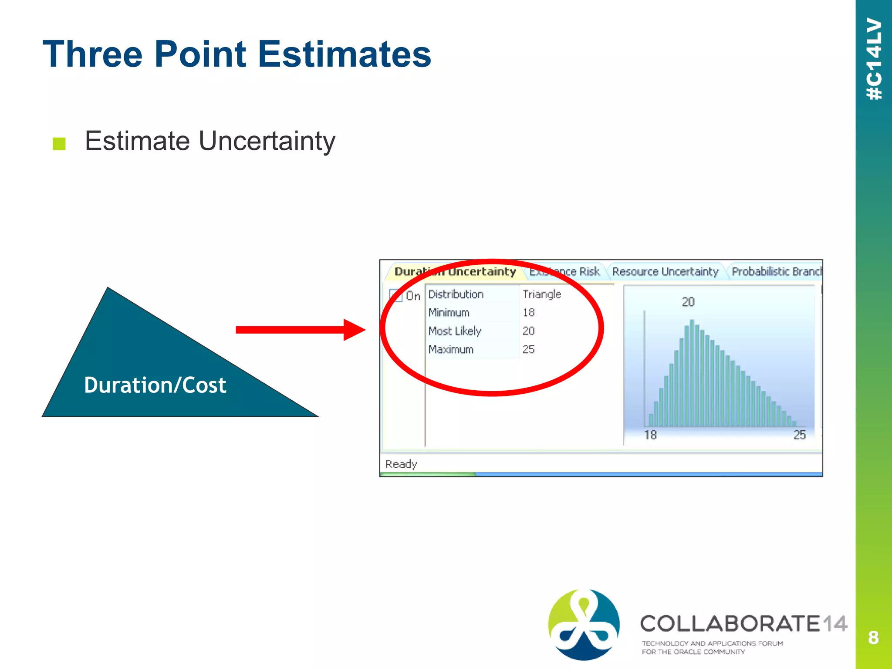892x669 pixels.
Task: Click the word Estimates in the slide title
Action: click(x=344, y=54)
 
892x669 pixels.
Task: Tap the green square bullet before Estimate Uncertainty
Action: click(x=59, y=143)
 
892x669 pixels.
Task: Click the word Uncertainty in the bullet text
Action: click(x=267, y=141)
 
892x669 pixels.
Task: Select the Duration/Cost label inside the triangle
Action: click(x=155, y=385)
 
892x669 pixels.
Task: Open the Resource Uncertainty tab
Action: click(x=665, y=272)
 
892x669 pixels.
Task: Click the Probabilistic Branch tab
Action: click(x=776, y=272)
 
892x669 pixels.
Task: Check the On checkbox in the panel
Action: click(x=395, y=295)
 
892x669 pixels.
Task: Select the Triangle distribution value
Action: click(x=541, y=294)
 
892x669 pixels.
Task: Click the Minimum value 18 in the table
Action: click(x=528, y=312)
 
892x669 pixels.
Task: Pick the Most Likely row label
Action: click(x=455, y=331)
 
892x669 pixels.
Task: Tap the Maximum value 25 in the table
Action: click(x=528, y=349)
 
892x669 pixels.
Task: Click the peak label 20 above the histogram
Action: click(x=688, y=302)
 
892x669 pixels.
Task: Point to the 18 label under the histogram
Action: click(x=650, y=435)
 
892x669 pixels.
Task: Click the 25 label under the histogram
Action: click(x=799, y=435)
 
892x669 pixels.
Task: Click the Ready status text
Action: click(x=401, y=464)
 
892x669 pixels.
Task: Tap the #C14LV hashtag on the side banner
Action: click(x=874, y=59)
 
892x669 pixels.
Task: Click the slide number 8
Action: click(x=873, y=638)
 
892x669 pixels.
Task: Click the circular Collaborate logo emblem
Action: click(x=584, y=624)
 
